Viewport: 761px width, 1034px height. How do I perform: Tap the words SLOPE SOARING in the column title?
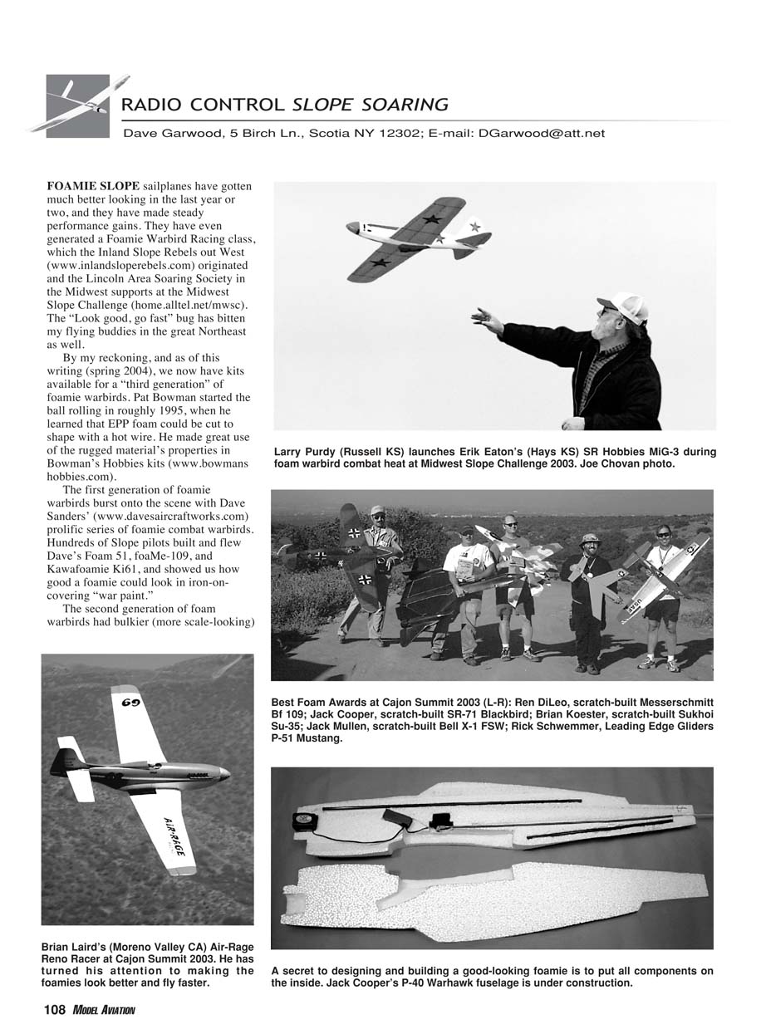click(371, 105)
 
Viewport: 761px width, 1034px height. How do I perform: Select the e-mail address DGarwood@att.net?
click(542, 133)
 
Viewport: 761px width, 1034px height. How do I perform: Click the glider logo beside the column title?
click(78, 105)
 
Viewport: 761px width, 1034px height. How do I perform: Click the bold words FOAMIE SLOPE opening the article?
click(92, 187)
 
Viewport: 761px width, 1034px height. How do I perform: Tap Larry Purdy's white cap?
click(625, 306)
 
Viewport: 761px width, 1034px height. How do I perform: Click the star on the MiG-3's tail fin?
click(475, 225)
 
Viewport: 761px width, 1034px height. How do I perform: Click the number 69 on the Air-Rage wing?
click(129, 703)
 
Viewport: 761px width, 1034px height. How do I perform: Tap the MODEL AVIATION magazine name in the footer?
click(103, 1010)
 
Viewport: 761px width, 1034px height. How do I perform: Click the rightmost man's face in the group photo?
click(663, 532)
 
